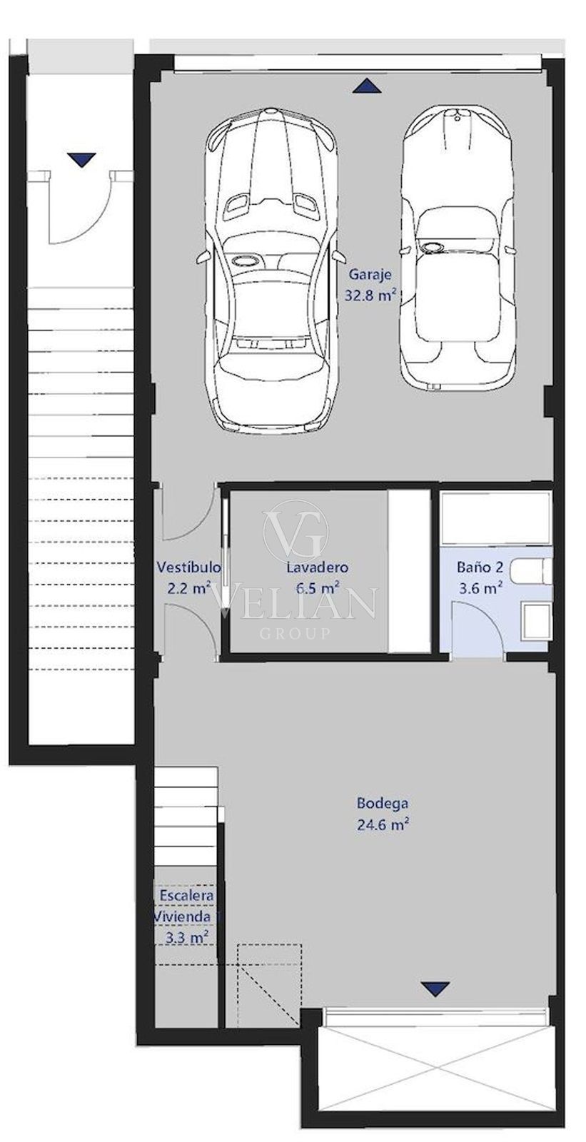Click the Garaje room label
(370, 274)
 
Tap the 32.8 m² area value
(370, 295)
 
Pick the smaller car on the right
(457, 249)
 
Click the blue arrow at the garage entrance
(367, 86)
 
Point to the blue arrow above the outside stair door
(82, 160)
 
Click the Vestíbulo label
(188, 567)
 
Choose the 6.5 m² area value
(318, 588)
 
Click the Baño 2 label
(480, 567)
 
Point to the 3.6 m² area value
(480, 588)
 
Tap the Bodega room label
(382, 804)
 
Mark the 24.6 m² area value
(383, 824)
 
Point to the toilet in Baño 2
(530, 572)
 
